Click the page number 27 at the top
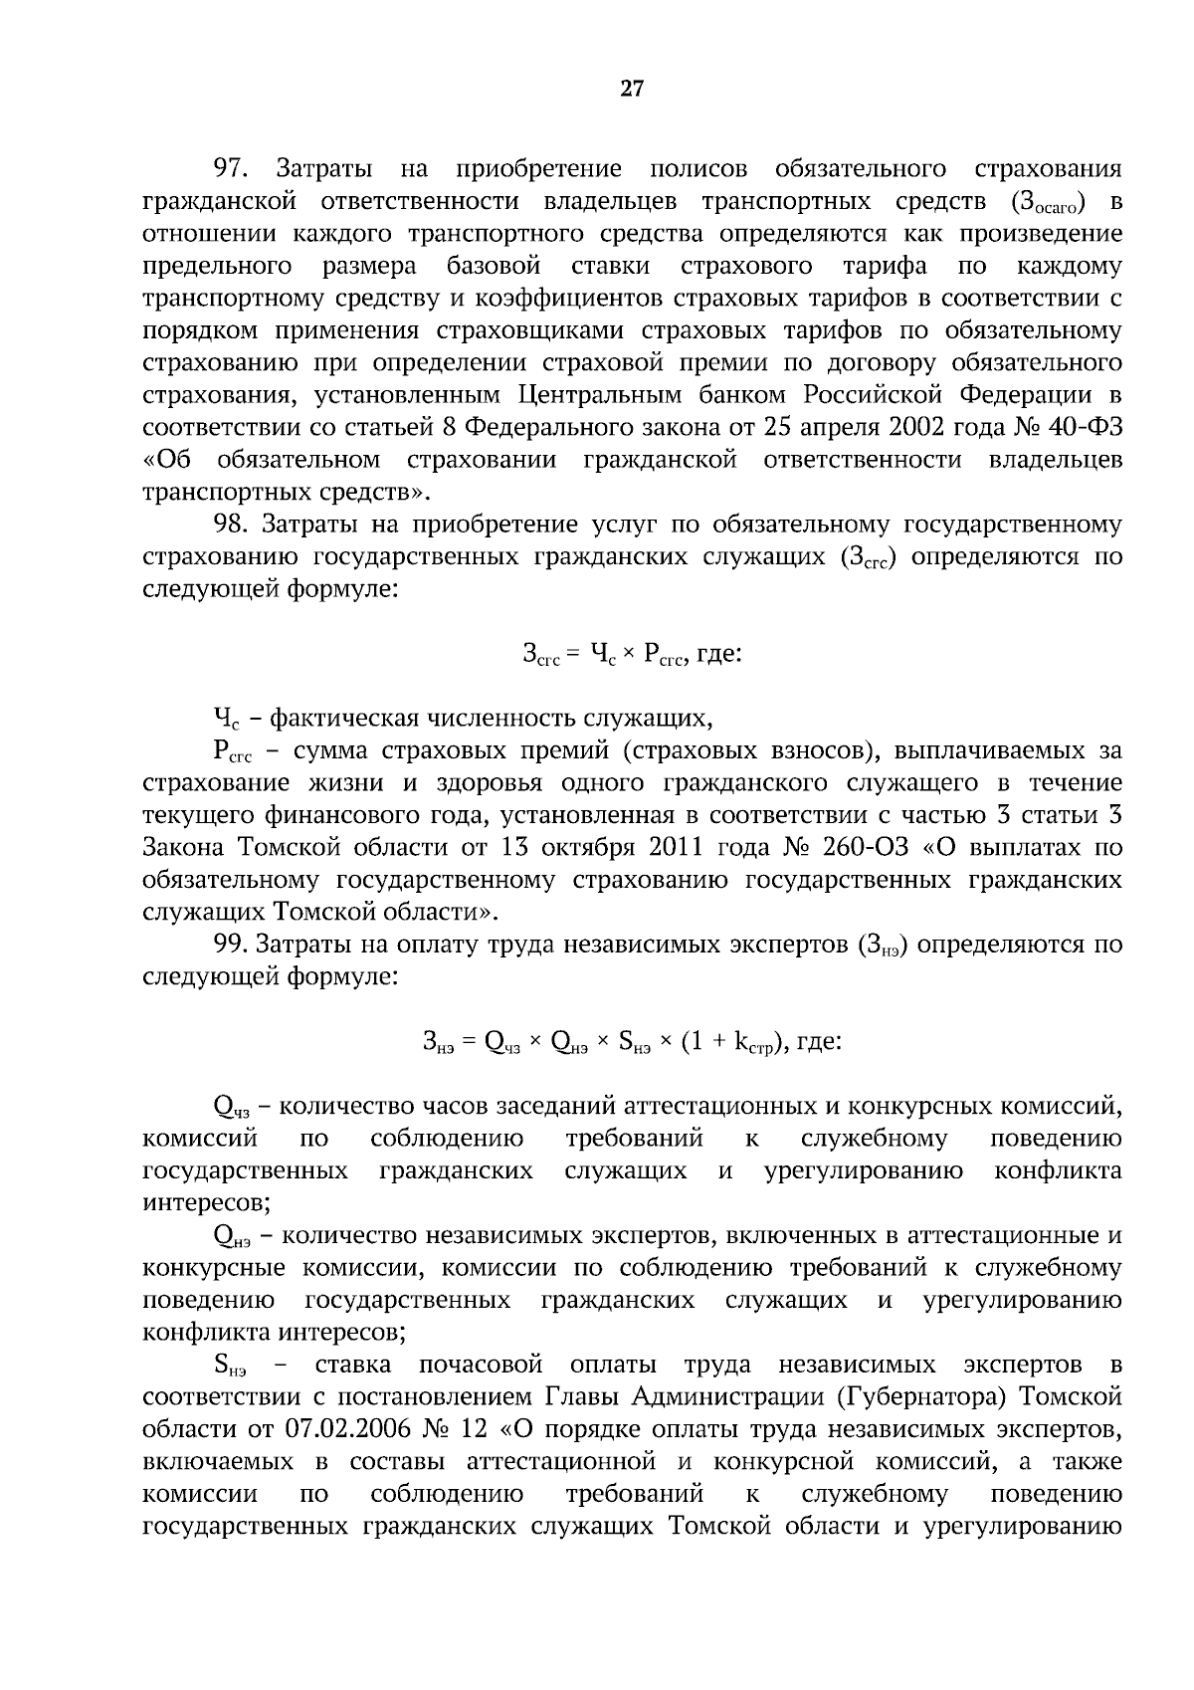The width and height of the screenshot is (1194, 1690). (x=632, y=89)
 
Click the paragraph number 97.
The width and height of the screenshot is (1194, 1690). (x=236, y=168)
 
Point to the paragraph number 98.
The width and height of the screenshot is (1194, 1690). (x=236, y=524)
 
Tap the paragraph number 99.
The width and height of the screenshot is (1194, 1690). (x=236, y=944)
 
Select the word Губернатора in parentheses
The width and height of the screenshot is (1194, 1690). (x=919, y=1396)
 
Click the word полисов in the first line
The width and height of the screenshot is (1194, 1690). (x=697, y=168)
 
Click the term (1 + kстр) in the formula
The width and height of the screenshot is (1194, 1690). (x=735, y=1042)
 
